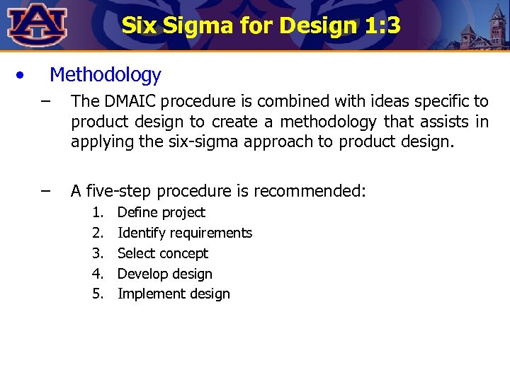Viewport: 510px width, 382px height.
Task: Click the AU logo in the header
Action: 38,25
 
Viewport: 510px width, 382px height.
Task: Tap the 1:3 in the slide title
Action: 383,26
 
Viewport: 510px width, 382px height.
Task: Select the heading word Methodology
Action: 106,74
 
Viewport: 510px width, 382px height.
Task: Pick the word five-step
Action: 118,191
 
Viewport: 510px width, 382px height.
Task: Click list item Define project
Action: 161,212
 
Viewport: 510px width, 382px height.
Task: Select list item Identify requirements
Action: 185,233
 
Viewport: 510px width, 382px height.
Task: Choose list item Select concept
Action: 163,253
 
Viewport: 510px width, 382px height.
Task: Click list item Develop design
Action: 165,274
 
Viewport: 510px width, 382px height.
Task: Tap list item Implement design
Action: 174,294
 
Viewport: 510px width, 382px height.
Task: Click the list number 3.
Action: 98,253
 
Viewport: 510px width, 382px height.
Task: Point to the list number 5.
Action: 98,294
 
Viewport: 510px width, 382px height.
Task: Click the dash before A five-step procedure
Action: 46,190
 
